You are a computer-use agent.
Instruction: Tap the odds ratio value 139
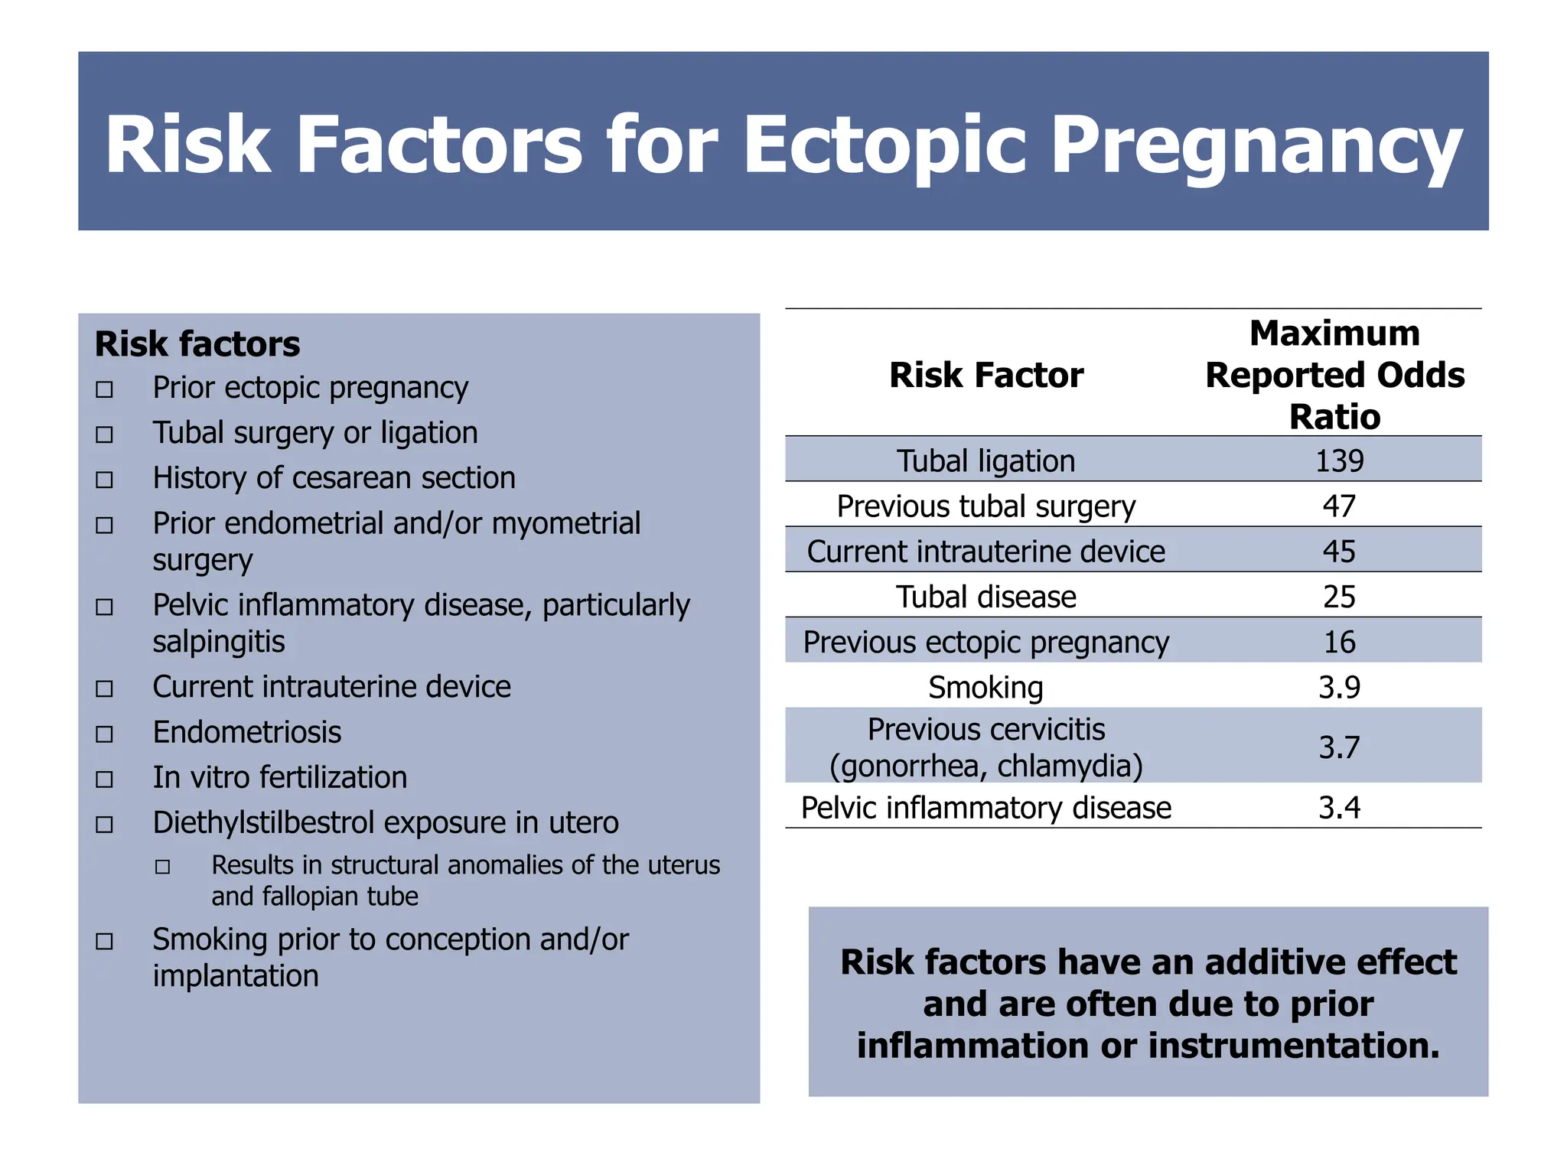(1339, 461)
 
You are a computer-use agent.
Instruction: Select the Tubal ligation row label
(985, 461)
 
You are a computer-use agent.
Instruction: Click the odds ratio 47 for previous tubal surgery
(1339, 506)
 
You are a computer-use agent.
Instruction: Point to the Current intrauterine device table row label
(985, 551)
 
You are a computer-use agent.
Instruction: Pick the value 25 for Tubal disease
(1339, 597)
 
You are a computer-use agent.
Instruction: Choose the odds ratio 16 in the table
(1339, 642)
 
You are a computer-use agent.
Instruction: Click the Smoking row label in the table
(985, 687)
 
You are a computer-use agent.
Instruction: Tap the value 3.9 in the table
(1339, 687)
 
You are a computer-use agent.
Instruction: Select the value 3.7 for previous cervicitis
(1339, 747)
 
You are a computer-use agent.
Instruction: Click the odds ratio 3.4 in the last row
(1339, 807)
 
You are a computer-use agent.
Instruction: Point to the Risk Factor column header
(985, 375)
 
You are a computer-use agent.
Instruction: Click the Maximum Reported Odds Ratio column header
(1334, 375)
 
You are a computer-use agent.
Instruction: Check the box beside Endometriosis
(105, 734)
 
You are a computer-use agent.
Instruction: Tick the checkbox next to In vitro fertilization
(105, 780)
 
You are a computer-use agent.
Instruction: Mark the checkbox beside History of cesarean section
(105, 480)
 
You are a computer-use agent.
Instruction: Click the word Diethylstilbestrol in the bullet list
(262, 822)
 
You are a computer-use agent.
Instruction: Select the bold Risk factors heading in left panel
(197, 343)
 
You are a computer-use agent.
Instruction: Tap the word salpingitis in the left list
(218, 641)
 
